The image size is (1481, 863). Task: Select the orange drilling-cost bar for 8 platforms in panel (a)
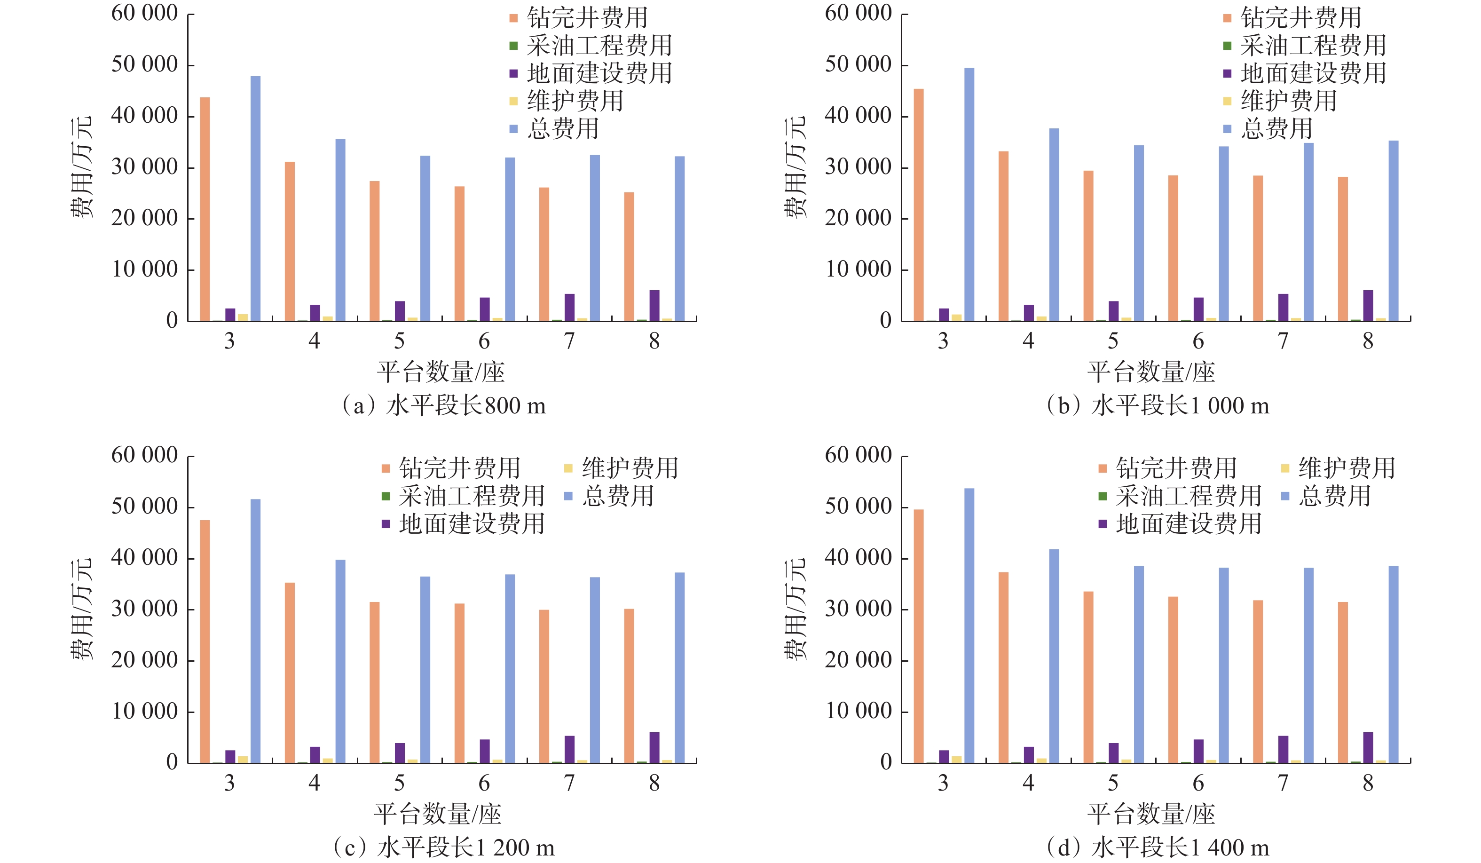629,256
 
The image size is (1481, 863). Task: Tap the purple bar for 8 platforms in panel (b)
1368,305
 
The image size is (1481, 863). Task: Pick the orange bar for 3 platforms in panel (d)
919,636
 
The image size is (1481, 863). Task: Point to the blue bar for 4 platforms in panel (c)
340,661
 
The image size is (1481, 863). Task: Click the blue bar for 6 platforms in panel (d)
1223,665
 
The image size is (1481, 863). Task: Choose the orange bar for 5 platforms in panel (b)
1088,245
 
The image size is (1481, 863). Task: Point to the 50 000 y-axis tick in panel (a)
145,64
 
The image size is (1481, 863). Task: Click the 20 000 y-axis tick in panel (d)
858,660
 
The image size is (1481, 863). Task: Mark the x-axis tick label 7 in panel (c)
569,783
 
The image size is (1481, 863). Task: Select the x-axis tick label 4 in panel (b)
1028,341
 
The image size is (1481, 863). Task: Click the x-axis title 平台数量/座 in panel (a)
441,372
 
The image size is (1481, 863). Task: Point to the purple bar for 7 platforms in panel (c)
569,749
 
